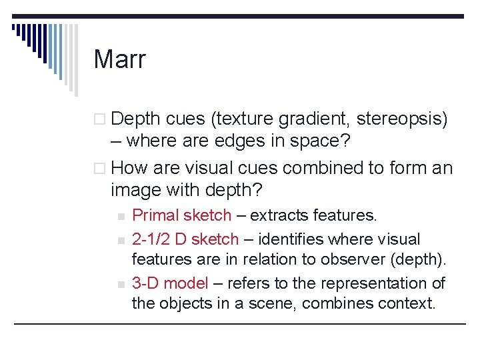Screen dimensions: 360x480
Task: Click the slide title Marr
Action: pos(119,59)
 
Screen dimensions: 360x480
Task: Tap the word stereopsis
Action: pos(403,119)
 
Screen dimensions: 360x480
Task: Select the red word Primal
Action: pos(154,215)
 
